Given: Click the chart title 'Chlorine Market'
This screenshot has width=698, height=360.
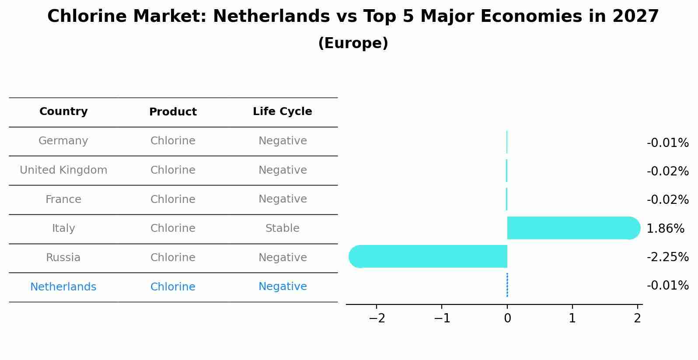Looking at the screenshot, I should [x=352, y=17].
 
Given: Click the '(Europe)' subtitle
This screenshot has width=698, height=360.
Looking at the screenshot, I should [x=352, y=43].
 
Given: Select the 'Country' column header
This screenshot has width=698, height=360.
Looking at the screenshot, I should [x=63, y=112].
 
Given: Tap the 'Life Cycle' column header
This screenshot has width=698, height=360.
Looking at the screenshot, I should [x=282, y=112].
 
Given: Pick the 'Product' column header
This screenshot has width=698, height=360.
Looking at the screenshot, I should [x=173, y=112].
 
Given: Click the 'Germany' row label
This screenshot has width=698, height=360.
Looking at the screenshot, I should [x=63, y=141].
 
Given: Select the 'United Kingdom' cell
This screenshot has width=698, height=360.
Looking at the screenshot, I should [x=63, y=170].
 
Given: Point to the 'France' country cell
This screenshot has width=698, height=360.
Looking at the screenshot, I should [x=63, y=199].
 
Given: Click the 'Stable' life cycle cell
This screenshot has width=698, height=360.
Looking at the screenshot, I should [x=282, y=228].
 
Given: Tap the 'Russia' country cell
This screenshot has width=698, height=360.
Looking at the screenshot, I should [x=63, y=258].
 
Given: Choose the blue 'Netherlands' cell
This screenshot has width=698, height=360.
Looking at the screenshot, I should [x=63, y=287].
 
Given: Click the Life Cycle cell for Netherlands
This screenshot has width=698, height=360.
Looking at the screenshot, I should [x=282, y=287].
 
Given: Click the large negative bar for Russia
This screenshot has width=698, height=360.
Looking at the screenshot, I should [x=429, y=256].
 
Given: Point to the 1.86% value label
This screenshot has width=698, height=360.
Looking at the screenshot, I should [x=665, y=228].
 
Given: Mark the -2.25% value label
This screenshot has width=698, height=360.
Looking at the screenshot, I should [x=667, y=257].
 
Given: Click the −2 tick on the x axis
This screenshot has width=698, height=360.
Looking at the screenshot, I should [x=377, y=318].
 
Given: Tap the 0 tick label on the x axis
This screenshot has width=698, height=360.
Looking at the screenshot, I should [x=507, y=318].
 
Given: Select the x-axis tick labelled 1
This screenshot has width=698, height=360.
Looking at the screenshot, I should [x=572, y=318].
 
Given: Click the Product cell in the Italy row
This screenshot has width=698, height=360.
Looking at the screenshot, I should [x=173, y=228].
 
